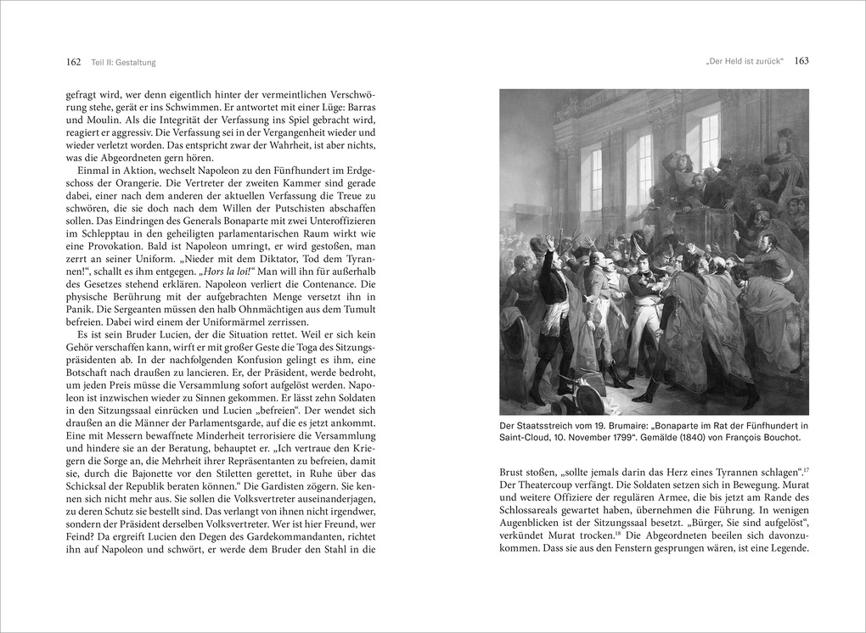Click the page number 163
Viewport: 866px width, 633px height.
[x=801, y=61]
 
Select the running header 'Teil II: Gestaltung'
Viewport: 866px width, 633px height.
[x=124, y=62]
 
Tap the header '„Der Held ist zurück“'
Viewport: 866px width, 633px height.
[x=744, y=61]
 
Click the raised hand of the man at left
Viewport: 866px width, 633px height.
[x=549, y=243]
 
